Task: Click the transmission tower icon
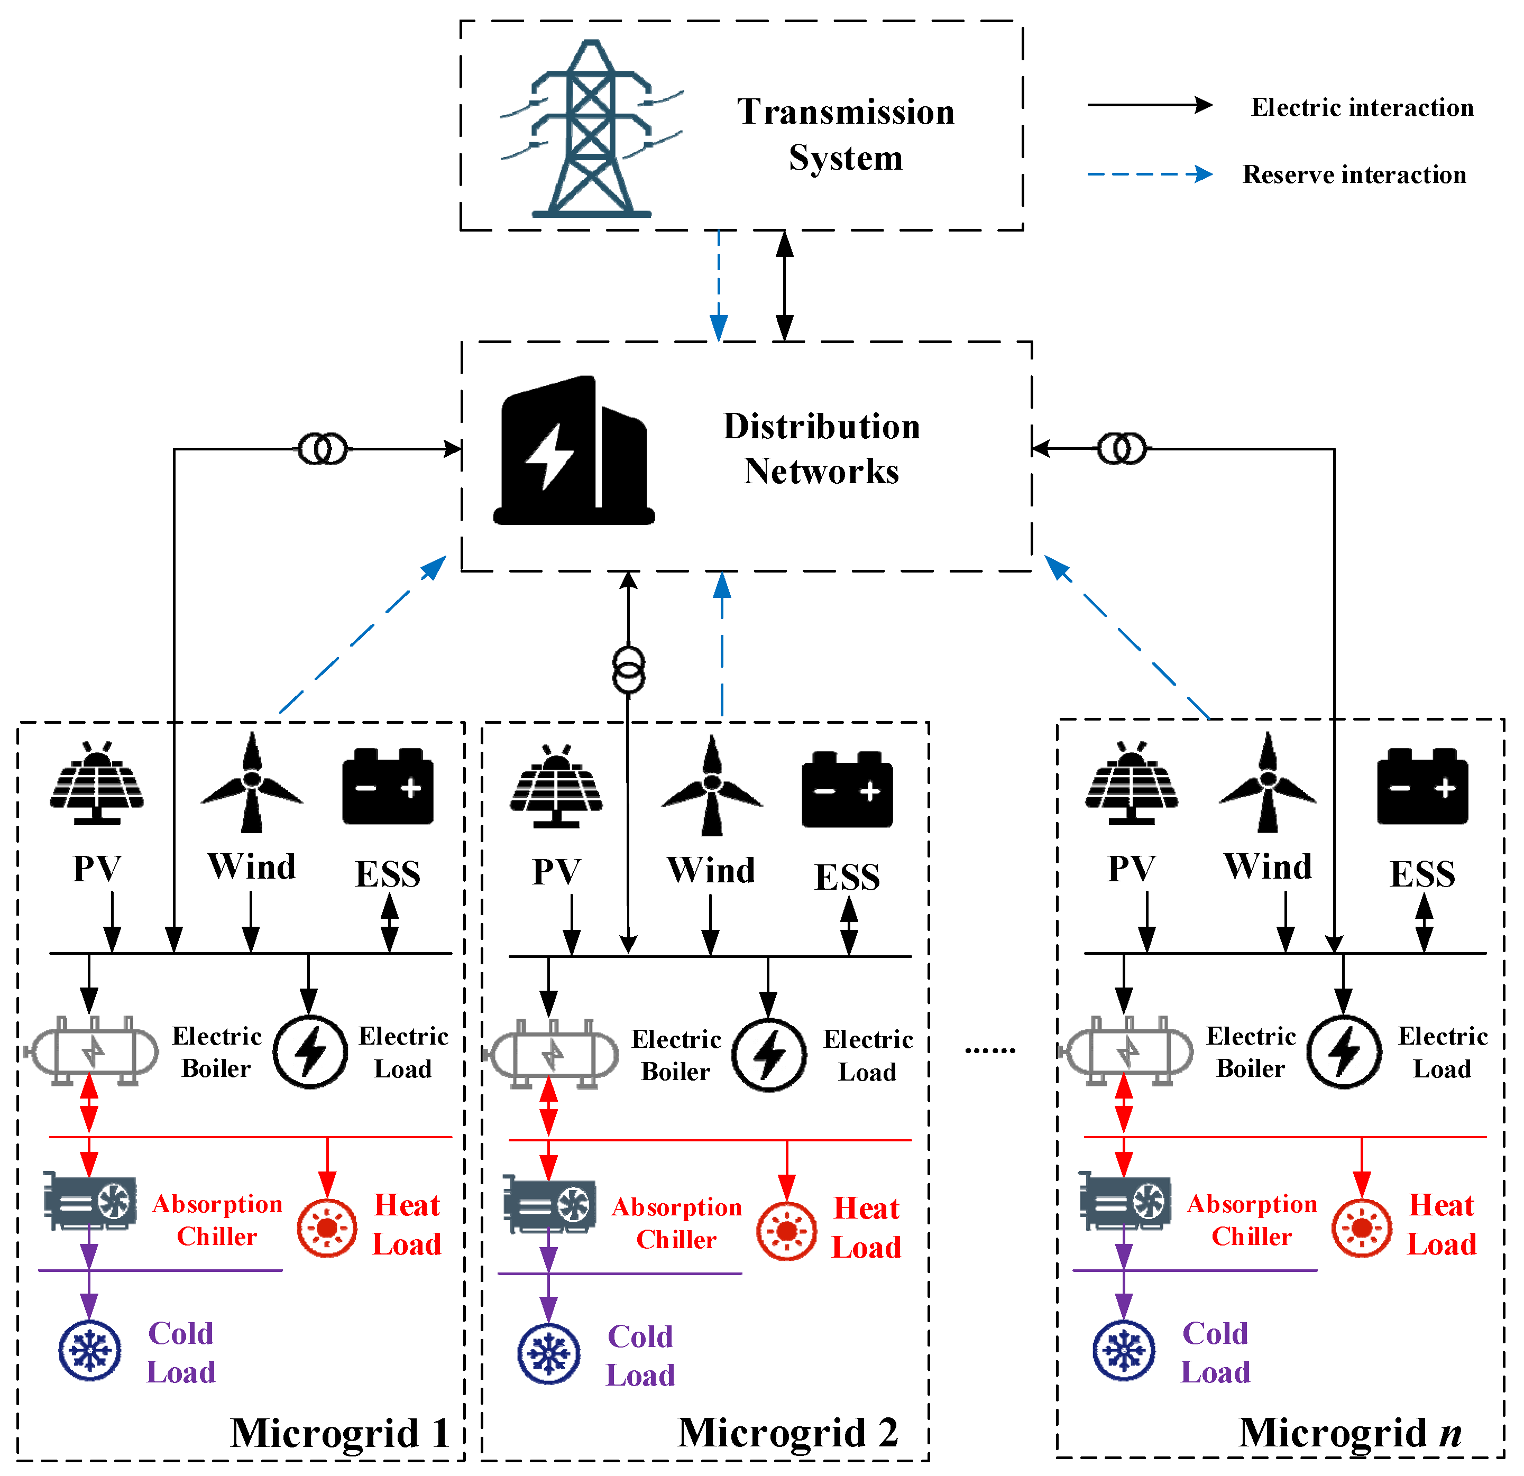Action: [x=592, y=128]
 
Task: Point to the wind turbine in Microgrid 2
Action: [x=711, y=785]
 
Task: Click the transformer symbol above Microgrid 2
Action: [x=628, y=669]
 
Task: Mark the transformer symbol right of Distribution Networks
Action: [x=1121, y=448]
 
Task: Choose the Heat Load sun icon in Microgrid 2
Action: [x=786, y=1231]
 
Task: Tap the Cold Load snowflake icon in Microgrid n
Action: [x=1124, y=1351]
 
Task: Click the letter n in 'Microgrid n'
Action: [x=1450, y=1435]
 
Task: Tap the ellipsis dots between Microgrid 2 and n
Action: [x=990, y=1051]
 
